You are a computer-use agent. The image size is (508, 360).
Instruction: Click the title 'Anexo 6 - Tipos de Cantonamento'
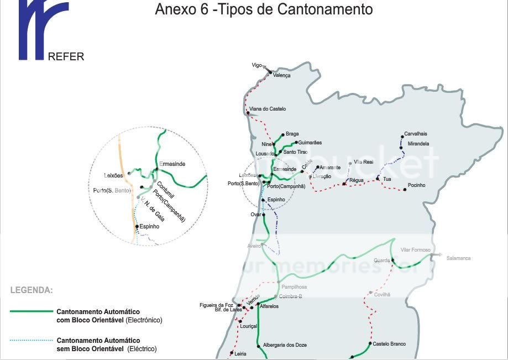tap(264, 9)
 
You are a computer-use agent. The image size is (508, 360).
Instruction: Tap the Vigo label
tap(256, 65)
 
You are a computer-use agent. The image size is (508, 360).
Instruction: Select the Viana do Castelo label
tap(268, 109)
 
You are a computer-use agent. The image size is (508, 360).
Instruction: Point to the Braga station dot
tap(283, 134)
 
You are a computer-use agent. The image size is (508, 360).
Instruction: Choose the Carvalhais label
tap(415, 134)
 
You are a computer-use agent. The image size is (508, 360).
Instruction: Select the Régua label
tap(356, 181)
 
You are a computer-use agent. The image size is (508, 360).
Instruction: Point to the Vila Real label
tap(364, 162)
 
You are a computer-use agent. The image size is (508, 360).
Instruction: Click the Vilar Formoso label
tap(415, 250)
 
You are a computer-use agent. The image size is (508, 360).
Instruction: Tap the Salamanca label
tap(458, 258)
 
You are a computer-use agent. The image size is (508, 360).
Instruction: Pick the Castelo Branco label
tap(389, 344)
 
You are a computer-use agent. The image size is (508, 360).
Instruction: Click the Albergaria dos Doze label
tap(285, 345)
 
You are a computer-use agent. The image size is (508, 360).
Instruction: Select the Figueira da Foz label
tap(217, 305)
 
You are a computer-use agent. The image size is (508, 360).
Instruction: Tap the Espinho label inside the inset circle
tap(149, 226)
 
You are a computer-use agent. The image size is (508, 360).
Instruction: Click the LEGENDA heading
tap(32, 290)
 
